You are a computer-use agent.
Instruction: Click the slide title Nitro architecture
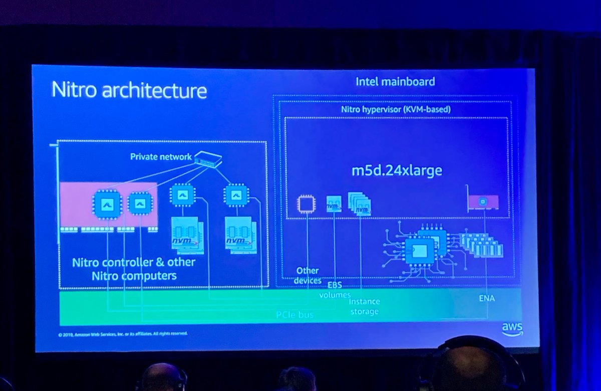point(129,91)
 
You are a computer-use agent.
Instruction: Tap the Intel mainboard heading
point(395,81)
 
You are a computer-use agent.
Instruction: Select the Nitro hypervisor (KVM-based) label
point(396,109)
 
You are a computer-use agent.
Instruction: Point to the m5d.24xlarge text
point(396,170)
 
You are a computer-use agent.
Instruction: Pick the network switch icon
point(208,158)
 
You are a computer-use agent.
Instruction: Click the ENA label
point(486,298)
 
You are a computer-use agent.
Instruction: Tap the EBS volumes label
point(335,290)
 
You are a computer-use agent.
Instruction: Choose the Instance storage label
point(364,306)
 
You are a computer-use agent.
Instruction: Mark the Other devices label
point(308,276)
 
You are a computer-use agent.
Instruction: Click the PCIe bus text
point(295,315)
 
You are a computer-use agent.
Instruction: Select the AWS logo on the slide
point(512,328)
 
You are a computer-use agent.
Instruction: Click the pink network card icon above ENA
point(483,202)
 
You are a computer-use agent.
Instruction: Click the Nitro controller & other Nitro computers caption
point(133,269)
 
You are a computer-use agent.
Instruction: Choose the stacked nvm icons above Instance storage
point(360,204)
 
